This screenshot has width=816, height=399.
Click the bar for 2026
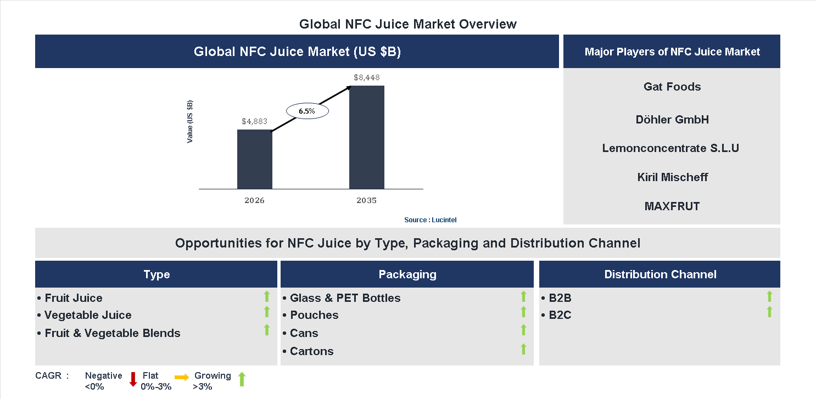(254, 159)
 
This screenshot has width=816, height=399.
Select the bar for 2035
(366, 137)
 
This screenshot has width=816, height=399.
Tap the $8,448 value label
(366, 77)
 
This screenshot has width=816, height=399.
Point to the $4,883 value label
(254, 121)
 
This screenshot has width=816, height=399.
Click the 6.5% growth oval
(307, 111)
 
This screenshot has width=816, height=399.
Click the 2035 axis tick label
(366, 200)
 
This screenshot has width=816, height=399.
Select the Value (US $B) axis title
(190, 121)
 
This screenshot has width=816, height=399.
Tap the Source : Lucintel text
(430, 220)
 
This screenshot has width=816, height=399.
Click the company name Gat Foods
(672, 87)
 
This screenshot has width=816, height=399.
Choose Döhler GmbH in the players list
(672, 120)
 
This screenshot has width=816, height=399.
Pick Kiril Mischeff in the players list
(672, 177)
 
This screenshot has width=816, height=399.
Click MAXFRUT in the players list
(672, 206)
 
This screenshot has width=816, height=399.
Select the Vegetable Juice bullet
(88, 315)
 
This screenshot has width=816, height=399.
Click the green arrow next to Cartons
(523, 349)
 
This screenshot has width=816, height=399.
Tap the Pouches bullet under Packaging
(314, 315)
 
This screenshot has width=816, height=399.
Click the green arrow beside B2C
(769, 312)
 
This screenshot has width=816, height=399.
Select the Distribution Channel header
(660, 274)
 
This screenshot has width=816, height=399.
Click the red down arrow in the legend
(133, 379)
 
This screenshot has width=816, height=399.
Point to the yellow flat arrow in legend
(182, 377)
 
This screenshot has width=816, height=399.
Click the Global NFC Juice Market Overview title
(407, 24)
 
